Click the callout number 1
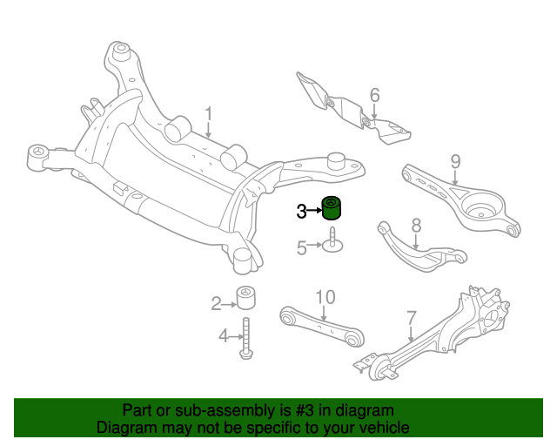(x=209, y=114)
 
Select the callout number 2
(x=216, y=303)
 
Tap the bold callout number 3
(x=301, y=211)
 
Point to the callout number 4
(x=224, y=335)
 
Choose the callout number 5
(x=302, y=248)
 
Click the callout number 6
(x=375, y=95)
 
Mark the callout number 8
(x=416, y=226)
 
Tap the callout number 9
(x=454, y=161)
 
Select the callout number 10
(x=325, y=298)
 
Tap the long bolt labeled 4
(x=246, y=337)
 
